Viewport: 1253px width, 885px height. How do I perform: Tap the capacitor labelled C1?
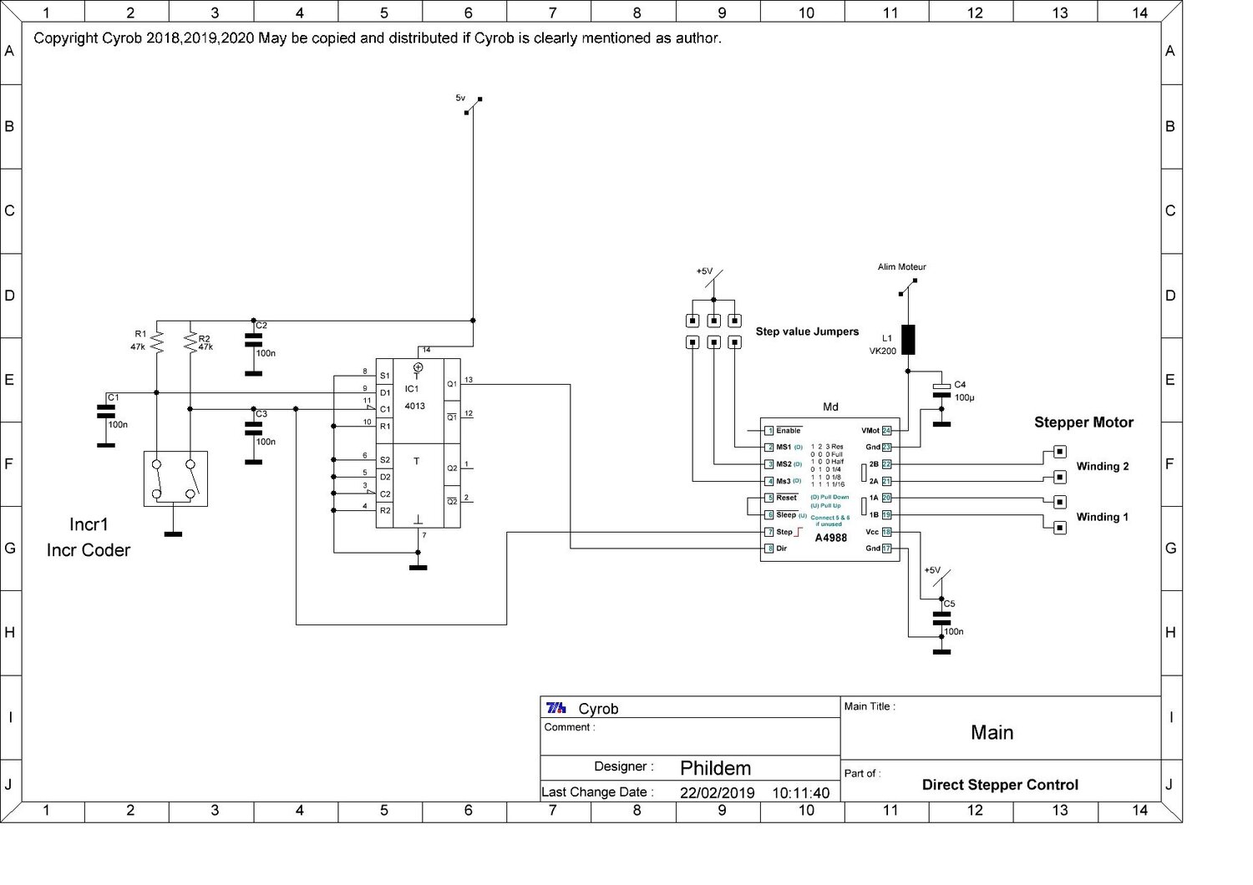[105, 411]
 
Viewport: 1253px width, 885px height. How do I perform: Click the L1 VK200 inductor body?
[908, 340]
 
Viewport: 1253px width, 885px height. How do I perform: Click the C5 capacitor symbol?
[941, 619]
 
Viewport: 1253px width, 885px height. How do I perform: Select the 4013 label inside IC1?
[414, 407]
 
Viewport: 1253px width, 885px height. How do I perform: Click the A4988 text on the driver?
[830, 538]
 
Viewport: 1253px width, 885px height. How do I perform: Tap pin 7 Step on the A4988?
[769, 532]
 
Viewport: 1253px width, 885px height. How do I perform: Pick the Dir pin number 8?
[769, 549]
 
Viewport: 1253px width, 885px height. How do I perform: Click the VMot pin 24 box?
[887, 431]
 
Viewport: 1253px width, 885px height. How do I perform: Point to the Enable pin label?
[788, 431]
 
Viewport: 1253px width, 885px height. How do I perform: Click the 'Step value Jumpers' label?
[807, 331]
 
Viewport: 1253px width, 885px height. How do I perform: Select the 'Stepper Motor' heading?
[1083, 422]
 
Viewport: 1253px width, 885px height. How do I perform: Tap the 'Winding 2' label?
[1102, 467]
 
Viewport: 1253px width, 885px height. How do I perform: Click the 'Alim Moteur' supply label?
[901, 267]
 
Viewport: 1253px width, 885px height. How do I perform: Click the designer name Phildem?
[715, 768]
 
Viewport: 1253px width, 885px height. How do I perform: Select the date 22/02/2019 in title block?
[717, 793]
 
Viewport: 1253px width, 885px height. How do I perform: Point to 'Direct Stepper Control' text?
[1000, 785]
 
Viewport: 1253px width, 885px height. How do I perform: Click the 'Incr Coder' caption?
[89, 550]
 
